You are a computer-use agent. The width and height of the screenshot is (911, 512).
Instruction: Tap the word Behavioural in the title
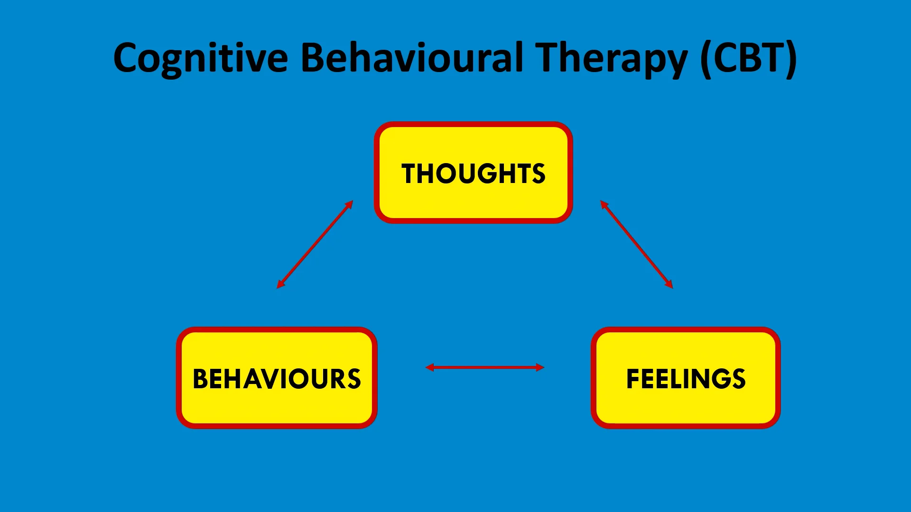412,58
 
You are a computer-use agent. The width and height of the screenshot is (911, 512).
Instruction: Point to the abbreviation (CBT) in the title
749,58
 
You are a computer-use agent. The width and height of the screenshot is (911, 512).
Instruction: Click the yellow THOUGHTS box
473,173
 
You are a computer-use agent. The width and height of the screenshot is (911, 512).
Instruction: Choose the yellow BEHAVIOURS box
277,378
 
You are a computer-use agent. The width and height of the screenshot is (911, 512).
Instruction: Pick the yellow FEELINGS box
686,378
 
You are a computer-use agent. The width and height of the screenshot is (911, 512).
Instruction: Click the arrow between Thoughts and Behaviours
315,245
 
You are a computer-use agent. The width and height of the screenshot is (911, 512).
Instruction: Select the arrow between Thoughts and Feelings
636,245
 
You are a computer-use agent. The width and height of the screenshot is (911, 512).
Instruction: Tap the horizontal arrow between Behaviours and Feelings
484,367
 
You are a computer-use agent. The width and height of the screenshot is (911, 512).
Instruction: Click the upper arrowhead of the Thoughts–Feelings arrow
604,204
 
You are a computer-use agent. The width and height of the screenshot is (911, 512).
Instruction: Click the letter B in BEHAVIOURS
201,379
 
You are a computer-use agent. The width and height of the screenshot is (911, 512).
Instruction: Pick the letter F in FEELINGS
634,379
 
